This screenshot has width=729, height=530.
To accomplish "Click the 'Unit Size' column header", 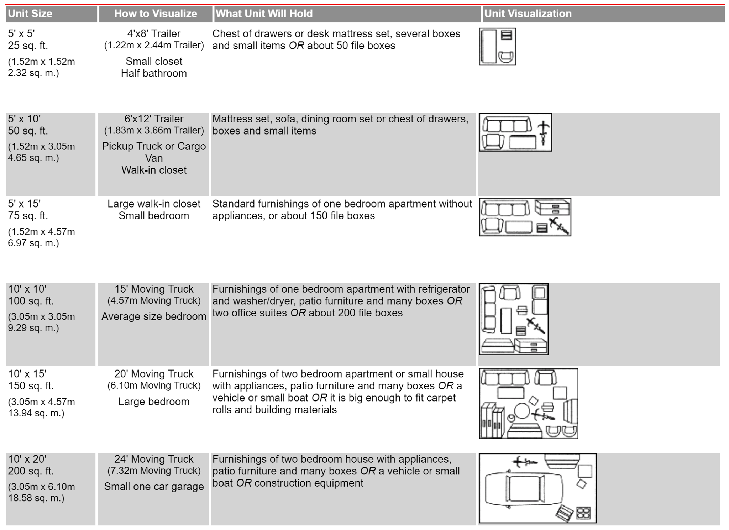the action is tap(30, 14).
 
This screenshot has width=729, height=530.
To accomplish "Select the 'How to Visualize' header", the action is tap(156, 14).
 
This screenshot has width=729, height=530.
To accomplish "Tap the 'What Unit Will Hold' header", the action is tap(264, 14).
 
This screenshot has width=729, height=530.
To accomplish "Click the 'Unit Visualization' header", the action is tap(528, 14).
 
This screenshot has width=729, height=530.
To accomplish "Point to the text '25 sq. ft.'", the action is tap(28, 46).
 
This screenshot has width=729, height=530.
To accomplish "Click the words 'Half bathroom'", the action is tap(154, 73).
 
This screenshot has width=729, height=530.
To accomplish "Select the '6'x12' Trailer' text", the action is tap(154, 119).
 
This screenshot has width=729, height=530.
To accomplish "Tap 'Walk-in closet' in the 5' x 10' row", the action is tap(154, 170).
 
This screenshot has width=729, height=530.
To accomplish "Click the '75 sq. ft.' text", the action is tap(28, 216).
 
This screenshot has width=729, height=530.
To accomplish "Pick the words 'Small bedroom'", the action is tap(154, 216).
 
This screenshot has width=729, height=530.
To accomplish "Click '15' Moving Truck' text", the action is tap(154, 289).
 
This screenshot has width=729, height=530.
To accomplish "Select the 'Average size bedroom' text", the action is tap(154, 316).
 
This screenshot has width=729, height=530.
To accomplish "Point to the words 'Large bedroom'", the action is tap(154, 402).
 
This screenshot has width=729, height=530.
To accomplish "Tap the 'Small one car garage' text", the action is tap(154, 487).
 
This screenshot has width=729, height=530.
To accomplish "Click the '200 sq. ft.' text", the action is tap(31, 471).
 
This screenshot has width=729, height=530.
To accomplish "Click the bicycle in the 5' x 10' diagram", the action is tap(543, 133).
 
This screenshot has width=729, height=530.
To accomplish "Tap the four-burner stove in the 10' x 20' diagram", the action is tap(583, 513).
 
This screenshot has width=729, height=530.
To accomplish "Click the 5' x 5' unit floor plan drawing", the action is tap(497, 47).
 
